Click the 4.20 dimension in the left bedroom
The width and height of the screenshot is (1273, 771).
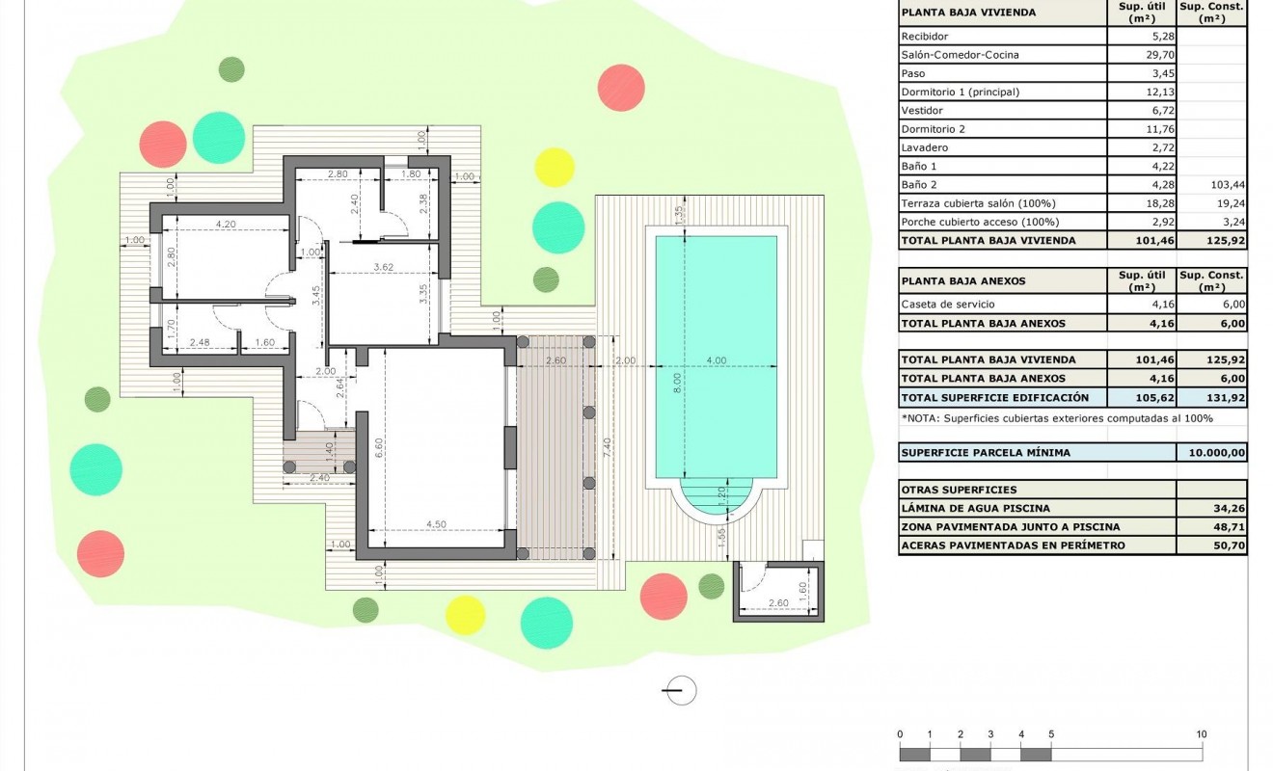226,224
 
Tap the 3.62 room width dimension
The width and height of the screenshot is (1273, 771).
385,267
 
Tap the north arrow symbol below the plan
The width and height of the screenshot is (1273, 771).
681,689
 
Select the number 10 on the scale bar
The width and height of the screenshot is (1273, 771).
1201,734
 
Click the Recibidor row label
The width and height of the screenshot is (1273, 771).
923,37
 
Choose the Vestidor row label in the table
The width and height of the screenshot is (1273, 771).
921,111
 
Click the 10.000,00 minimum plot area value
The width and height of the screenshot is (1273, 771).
1211,452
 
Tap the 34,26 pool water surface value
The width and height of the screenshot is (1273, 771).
1211,508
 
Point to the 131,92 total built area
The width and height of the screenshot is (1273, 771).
1211,397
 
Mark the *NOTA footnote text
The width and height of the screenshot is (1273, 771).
1056,418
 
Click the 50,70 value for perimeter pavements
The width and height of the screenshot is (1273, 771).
1211,545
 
